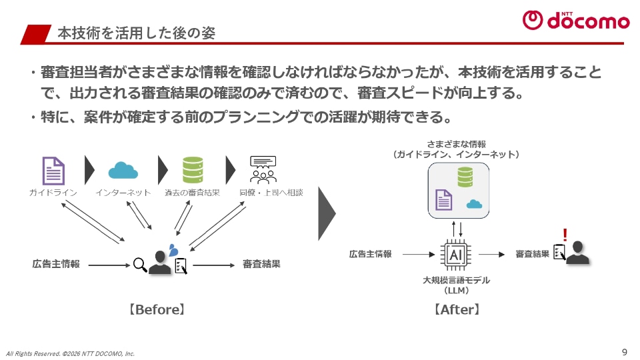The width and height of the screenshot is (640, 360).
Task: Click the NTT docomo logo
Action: [575, 20]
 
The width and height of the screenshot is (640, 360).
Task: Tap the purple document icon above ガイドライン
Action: [53, 170]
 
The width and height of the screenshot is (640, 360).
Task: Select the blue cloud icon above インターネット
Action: [123, 170]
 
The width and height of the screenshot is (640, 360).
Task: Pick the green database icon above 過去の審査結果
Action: [193, 170]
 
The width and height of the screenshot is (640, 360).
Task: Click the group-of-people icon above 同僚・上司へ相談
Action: [263, 170]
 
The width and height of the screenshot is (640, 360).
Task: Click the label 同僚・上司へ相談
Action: [271, 193]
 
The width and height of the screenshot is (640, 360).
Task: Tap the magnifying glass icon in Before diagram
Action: [140, 265]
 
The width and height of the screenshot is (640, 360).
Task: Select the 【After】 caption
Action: [457, 310]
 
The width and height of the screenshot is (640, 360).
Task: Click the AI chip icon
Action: [457, 255]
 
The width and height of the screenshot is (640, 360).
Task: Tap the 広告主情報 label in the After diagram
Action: [371, 254]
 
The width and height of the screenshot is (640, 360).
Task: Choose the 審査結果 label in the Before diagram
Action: [261, 264]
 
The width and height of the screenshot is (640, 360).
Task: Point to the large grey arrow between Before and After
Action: [326, 213]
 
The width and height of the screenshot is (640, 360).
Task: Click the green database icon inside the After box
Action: [465, 177]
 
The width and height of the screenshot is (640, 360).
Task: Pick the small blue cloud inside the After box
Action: [475, 203]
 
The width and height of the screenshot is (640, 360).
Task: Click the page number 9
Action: [624, 351]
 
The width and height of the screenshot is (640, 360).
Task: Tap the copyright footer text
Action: [70, 353]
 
